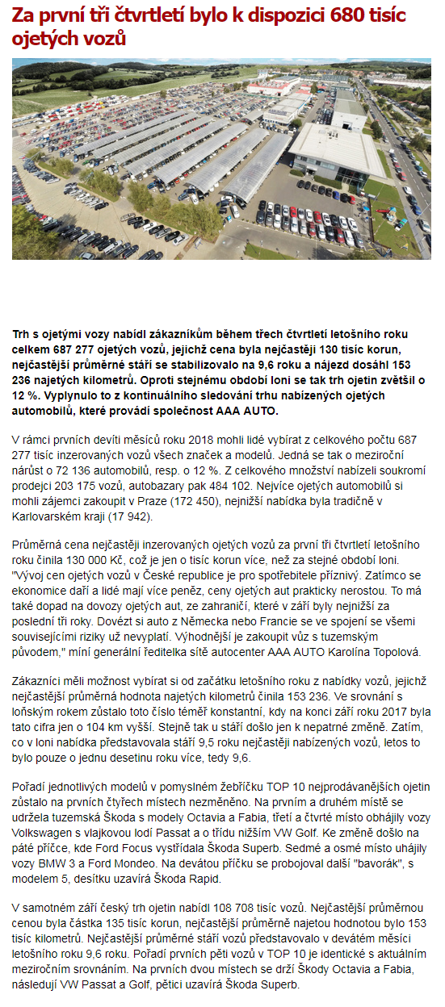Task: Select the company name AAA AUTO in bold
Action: [x=248, y=411]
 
